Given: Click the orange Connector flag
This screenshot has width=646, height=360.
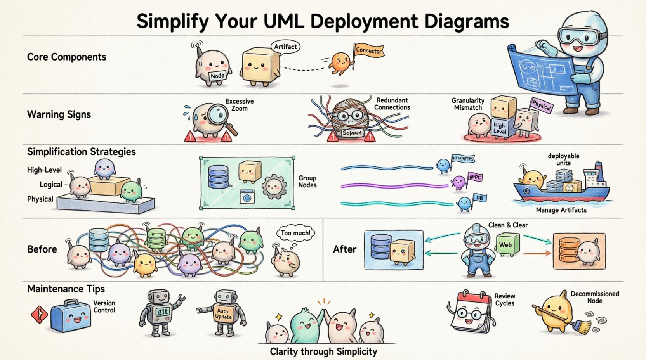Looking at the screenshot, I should point(368,51).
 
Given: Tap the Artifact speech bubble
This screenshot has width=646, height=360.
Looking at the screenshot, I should point(285,47).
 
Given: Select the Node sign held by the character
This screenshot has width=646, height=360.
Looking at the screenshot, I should point(217,75).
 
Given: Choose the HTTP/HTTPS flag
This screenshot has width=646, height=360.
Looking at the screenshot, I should point(463,158).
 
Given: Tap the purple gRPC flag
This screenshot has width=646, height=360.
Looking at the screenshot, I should point(475,177).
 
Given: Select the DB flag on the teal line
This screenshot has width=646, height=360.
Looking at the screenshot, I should point(479,198).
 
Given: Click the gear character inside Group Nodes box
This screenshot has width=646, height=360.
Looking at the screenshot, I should point(273,187).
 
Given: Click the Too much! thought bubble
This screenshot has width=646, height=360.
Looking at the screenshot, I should point(295,233).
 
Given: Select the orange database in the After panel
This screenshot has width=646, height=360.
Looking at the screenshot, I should point(567,248).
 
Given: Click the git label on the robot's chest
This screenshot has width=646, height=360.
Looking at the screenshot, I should point(162,312).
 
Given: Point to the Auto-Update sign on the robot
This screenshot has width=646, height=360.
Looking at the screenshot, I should point(223,314).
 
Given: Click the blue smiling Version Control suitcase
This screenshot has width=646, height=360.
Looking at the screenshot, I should point(70,316).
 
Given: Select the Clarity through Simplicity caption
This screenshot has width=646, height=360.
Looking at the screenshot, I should point(323,351).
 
